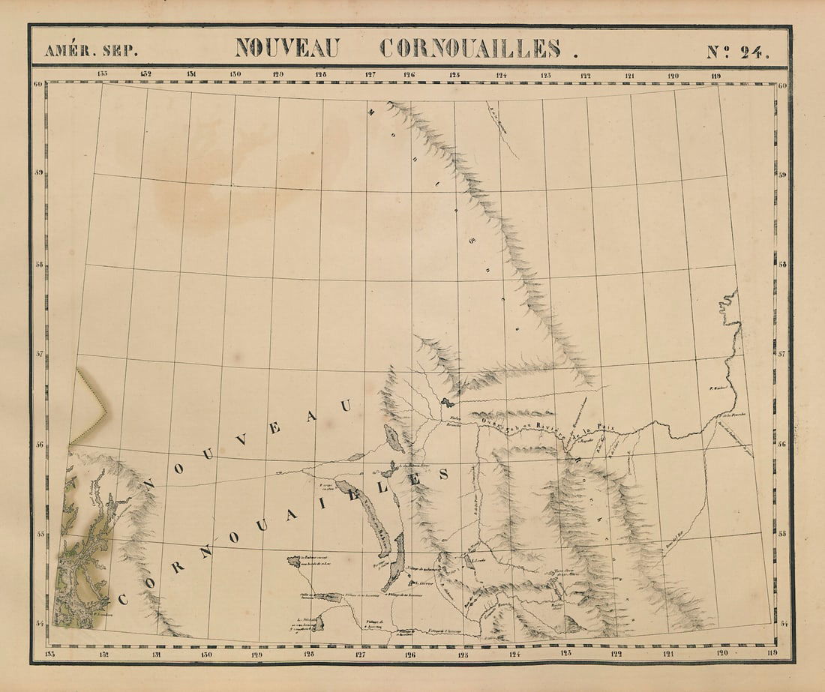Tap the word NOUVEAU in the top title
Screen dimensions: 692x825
pyautogui.click(x=286, y=48)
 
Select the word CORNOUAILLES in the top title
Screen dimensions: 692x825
pyautogui.click(x=470, y=48)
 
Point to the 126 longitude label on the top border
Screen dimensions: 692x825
pyautogui.click(x=409, y=74)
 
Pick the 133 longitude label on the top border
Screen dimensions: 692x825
pyautogui.click(x=102, y=73)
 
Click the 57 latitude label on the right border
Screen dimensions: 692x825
pyautogui.click(x=782, y=352)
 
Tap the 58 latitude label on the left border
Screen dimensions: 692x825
pyautogui.click(x=37, y=265)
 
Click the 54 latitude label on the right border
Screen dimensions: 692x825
pyautogui.click(x=782, y=624)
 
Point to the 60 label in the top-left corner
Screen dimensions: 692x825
pyautogui.click(x=37, y=85)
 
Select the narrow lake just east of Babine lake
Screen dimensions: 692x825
pyautogui.click(x=394, y=562)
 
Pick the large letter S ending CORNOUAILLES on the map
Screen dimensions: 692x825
pyautogui.click(x=444, y=475)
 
